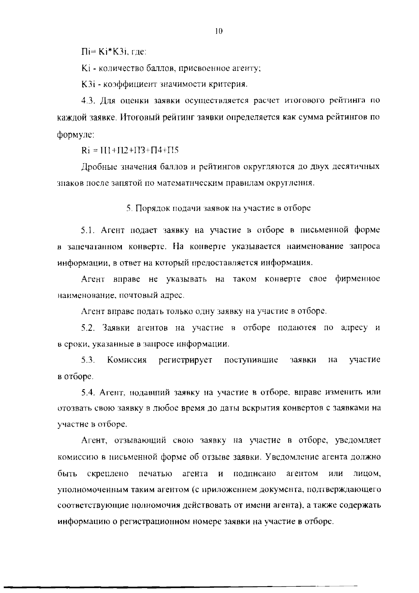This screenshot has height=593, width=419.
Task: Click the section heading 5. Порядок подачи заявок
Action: tap(218, 208)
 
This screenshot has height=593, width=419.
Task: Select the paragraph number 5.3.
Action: tap(88, 360)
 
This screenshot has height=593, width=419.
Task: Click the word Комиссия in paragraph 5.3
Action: tap(127, 360)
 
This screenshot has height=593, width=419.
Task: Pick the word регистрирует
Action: tap(185, 360)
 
